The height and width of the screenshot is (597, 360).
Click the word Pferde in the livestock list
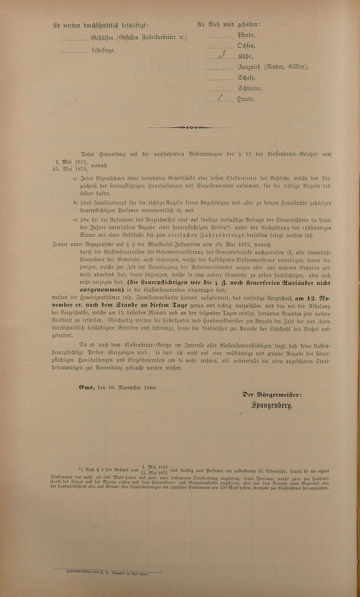246,35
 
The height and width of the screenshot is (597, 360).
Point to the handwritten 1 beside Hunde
220,98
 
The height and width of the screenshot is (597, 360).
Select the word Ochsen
246,46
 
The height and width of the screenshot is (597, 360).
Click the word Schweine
249,88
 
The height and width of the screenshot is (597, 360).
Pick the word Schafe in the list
246,78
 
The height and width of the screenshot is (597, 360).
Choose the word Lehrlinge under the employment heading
103,50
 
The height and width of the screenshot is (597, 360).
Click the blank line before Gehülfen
74,39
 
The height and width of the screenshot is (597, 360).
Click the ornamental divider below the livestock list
191,128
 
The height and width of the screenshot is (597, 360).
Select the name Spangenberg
272,406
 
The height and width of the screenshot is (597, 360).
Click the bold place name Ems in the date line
87,388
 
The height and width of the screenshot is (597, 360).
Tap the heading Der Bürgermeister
272,395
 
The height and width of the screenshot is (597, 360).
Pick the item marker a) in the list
75,179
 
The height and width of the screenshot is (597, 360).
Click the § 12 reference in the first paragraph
244,154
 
